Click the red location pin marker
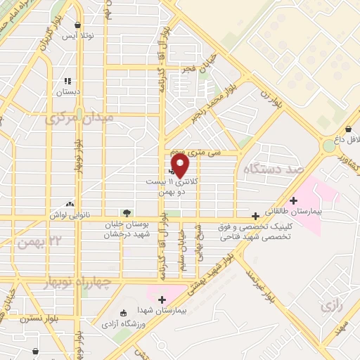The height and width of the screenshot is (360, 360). tap(181, 165)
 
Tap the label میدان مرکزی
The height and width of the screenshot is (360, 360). tap(79, 119)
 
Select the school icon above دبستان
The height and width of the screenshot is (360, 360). tap(68, 81)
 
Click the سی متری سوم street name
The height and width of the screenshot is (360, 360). tap(215, 151)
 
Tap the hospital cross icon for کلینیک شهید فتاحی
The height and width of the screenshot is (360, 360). tap(255, 216)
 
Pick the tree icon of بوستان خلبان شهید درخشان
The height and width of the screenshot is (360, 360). tap(126, 212)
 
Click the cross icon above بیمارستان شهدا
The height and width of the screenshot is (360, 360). tap(162, 300)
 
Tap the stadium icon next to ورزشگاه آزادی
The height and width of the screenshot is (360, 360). tap(124, 313)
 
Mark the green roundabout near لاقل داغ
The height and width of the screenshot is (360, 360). tap(330, 146)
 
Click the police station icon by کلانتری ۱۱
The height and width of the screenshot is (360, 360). tap(172, 170)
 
